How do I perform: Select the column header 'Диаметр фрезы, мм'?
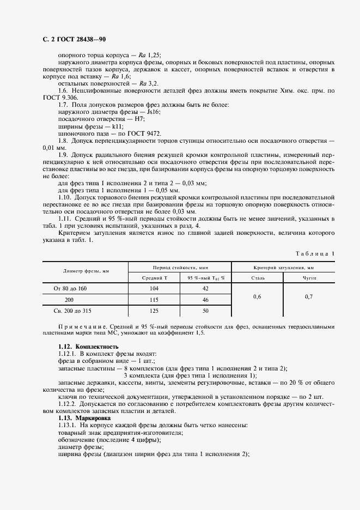pos(86,271)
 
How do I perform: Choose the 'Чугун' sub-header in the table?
pos(309,277)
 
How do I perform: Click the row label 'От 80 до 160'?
pos(70,288)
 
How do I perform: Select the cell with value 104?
pos(154,288)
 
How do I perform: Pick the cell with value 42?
pos(205,288)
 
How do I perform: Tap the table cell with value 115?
pos(154,300)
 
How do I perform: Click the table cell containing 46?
pos(205,300)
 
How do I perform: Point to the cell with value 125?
pos(154,311)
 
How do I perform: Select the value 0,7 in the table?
pos(309,296)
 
